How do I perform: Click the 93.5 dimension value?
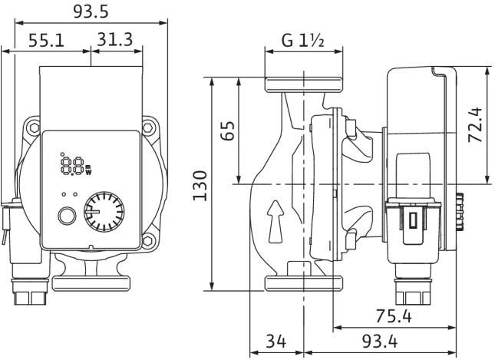point(91,12)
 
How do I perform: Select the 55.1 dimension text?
point(46,41)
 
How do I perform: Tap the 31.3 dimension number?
point(114,39)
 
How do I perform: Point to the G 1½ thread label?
point(303,41)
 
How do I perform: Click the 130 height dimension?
point(200,185)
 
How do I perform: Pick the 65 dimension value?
point(228,130)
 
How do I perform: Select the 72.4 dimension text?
point(475,125)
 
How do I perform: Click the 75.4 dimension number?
point(394,316)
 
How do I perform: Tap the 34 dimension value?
point(276,341)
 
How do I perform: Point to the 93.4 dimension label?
point(380,341)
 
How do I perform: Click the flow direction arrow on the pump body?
point(276,222)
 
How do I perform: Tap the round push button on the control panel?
point(67,216)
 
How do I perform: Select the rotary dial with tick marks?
point(104,212)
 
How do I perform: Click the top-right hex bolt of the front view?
point(148,128)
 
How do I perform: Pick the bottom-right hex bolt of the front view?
point(148,240)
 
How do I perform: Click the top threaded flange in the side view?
point(304,85)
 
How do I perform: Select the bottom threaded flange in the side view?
point(304,283)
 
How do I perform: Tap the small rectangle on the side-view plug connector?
point(413,220)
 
